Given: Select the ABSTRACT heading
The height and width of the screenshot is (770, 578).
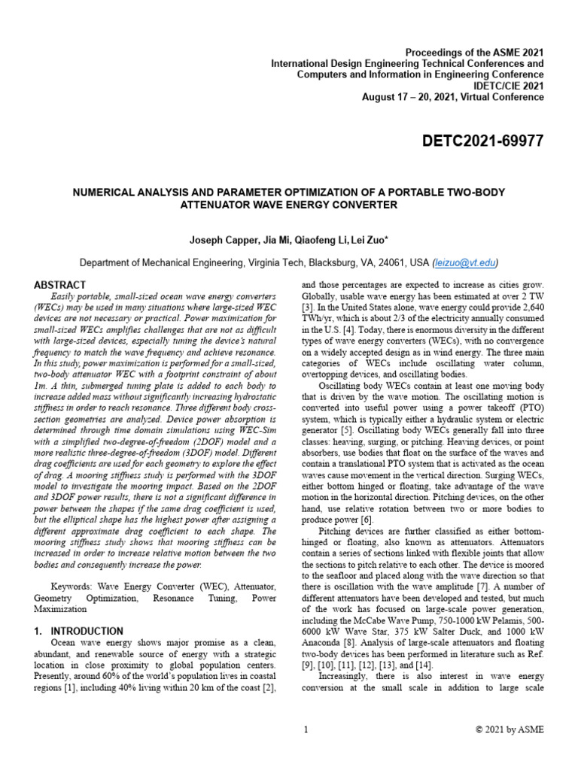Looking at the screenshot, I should pos(60,285).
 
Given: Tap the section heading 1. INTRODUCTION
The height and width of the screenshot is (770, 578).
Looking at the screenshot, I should pos(79,630).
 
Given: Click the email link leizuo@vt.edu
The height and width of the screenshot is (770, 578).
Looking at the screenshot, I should pos(465,262).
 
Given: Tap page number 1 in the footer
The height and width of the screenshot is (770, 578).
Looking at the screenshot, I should pos(306,729).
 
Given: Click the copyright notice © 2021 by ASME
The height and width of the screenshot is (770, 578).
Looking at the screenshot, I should pos(509,729).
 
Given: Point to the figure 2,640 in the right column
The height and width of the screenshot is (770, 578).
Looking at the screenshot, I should pos(528,317).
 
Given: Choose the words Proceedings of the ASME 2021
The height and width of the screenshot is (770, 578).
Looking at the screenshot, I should pos(474,53).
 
